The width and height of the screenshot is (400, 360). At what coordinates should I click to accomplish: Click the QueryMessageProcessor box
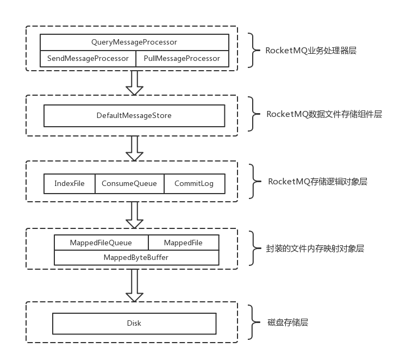point(134,42)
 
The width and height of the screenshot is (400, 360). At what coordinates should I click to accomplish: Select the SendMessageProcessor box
point(88,58)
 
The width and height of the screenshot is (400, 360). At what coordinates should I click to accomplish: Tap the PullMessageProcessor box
point(182,58)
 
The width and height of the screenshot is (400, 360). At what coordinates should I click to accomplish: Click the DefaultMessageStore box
point(134,115)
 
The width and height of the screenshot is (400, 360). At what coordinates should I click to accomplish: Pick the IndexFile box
point(70,183)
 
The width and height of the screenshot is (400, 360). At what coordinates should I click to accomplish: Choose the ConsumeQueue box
point(129,183)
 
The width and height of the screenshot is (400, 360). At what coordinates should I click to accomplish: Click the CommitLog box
point(194,183)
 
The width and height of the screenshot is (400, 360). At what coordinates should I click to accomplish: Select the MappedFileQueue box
point(101,243)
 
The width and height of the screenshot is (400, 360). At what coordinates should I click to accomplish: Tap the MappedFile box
point(183,243)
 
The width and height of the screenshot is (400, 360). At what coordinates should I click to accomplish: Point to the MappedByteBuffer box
point(136,257)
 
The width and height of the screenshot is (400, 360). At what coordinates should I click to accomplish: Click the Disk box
point(134,323)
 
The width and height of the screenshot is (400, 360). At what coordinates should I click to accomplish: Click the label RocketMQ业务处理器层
point(311,51)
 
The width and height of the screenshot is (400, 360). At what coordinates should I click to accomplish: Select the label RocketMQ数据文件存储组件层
point(324,114)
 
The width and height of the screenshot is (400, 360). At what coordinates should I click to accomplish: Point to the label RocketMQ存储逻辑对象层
point(317,182)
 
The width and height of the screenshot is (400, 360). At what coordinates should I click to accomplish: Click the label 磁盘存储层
point(287,322)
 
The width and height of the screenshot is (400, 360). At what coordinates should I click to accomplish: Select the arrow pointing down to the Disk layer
point(134,284)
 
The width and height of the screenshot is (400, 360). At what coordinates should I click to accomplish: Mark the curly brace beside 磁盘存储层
point(252,322)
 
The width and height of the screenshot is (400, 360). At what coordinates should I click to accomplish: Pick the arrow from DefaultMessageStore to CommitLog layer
point(134,148)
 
